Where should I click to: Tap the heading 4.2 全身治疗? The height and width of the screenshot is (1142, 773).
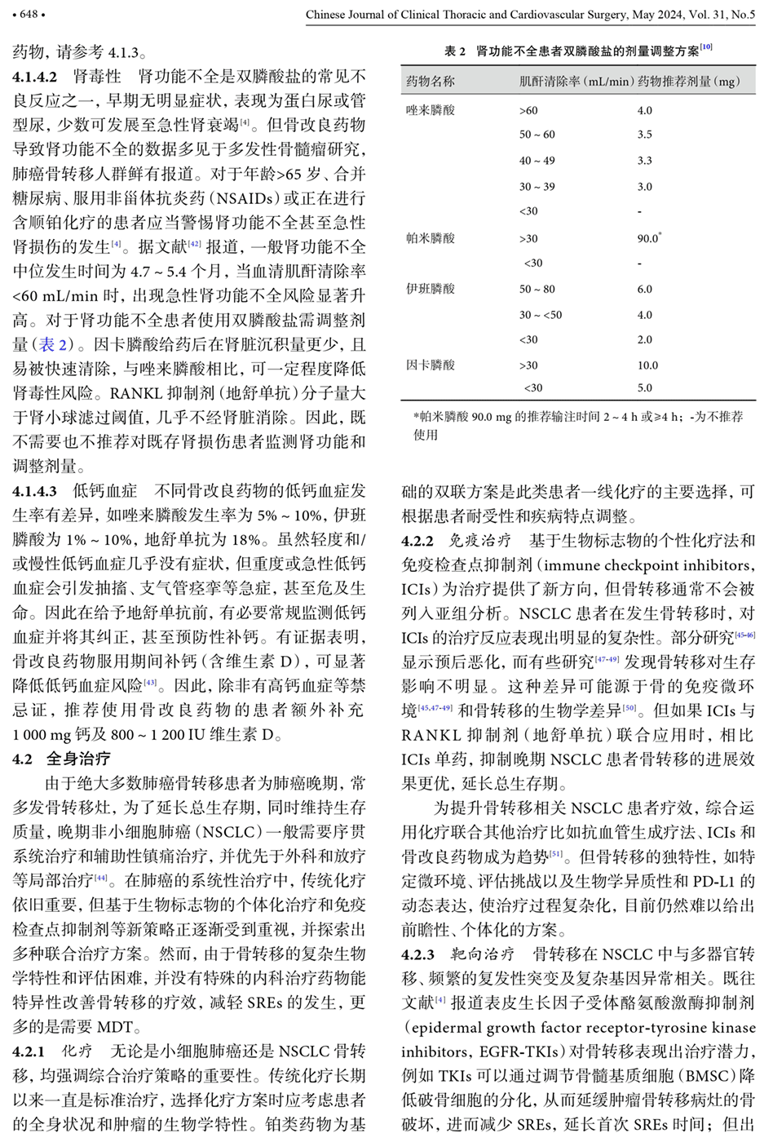[61, 759]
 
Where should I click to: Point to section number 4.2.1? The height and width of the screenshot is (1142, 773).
[29, 1051]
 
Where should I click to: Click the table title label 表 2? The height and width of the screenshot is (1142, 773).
[454, 51]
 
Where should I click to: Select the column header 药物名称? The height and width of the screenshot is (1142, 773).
[430, 82]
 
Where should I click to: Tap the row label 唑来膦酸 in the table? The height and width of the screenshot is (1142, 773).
[430, 110]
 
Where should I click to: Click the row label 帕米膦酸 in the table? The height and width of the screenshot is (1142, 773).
[430, 238]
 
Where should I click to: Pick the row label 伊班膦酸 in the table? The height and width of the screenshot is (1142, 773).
[430, 289]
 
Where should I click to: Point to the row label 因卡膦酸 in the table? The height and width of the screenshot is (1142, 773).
[430, 365]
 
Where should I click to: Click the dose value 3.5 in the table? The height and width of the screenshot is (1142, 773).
[644, 135]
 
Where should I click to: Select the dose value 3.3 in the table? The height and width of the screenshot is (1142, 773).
[644, 161]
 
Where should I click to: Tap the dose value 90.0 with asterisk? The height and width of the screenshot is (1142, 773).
[648, 238]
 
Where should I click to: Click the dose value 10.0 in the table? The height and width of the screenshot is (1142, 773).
[647, 365]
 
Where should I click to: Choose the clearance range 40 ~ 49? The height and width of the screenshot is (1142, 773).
[537, 161]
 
